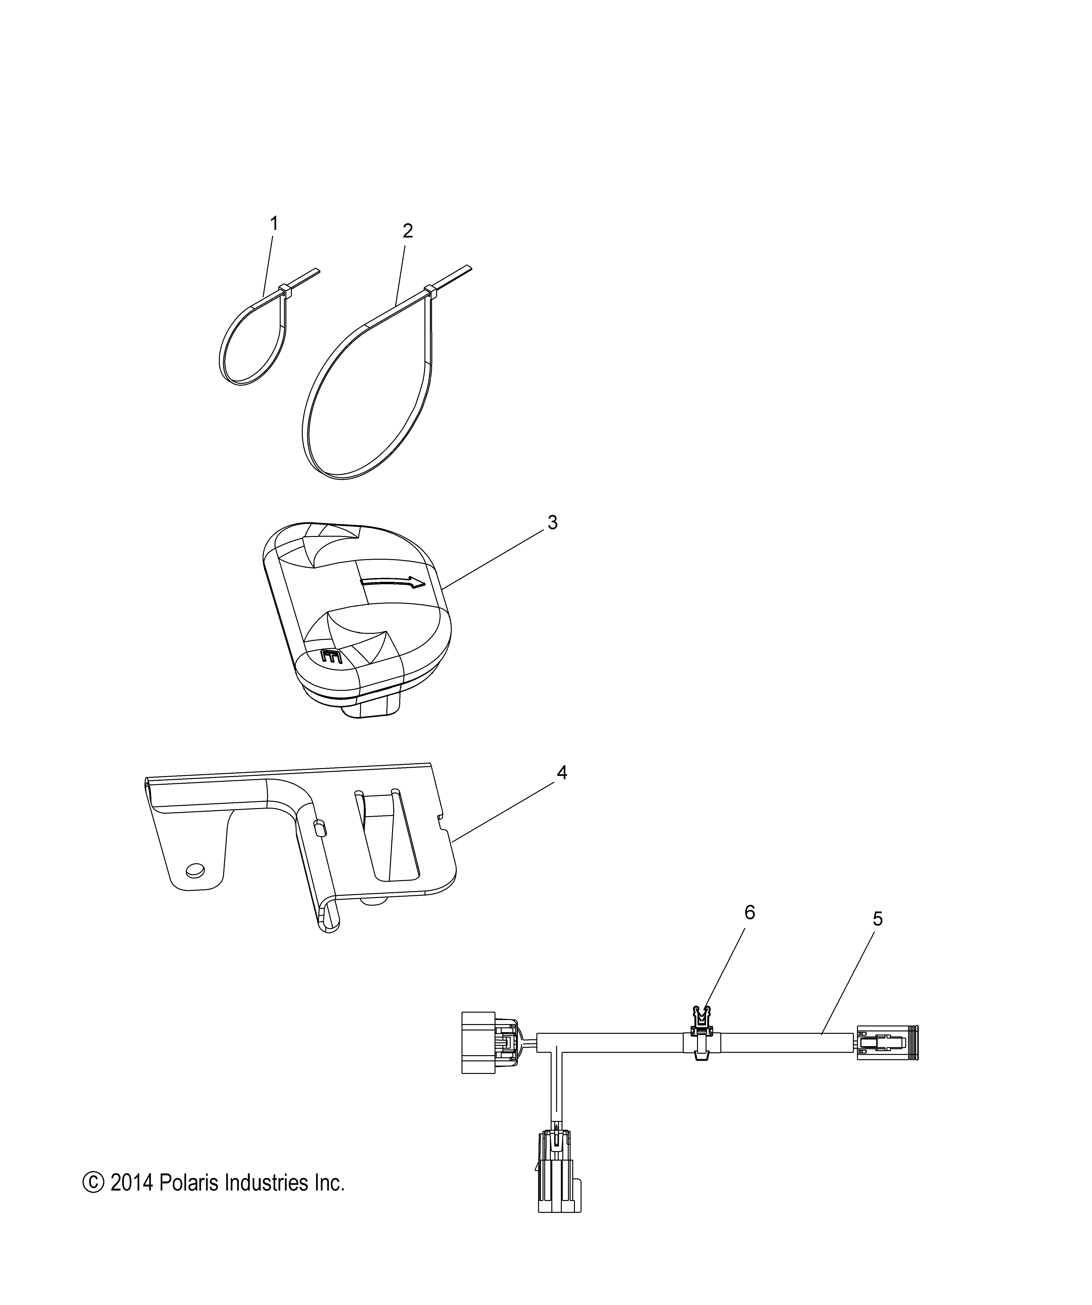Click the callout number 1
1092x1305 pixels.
point(274,224)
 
